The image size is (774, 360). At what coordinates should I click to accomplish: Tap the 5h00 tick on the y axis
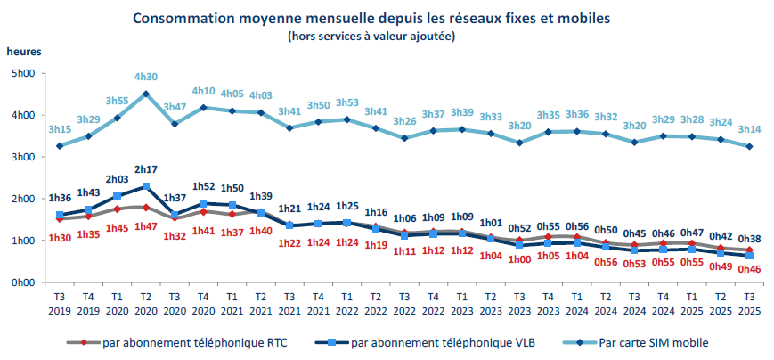click(x=21, y=73)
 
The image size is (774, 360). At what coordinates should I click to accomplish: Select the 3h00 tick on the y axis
click(x=21, y=157)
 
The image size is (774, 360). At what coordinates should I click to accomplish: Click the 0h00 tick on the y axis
click(x=21, y=282)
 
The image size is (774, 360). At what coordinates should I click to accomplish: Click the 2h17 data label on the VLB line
click(x=146, y=169)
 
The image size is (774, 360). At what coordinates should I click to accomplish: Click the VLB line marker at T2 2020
click(x=146, y=186)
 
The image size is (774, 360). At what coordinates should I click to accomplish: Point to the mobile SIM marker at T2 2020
click(x=146, y=94)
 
